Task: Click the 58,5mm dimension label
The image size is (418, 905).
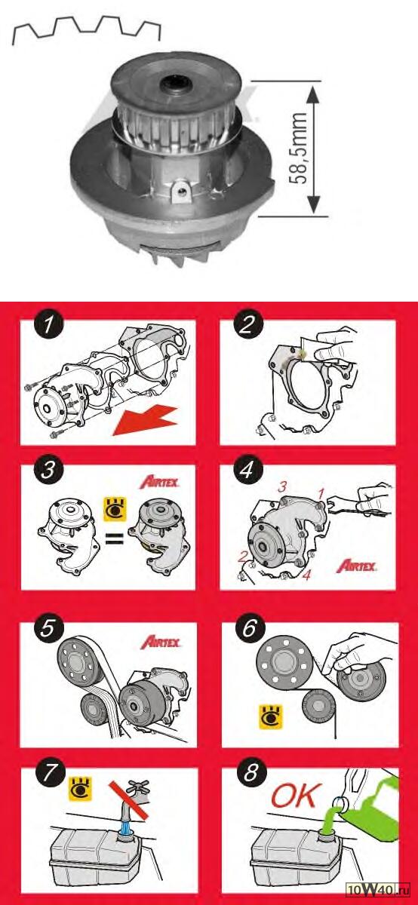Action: pos(300,149)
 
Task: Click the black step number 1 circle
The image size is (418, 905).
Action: pos(48,324)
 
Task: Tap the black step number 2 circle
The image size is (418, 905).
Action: pos(247,324)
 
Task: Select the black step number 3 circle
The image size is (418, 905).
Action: pos(48,470)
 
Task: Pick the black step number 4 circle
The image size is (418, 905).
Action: pos(247,470)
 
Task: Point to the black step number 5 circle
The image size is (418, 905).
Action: pos(48,628)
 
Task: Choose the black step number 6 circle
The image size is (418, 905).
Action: pos(250,628)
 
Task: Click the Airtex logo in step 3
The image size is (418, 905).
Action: pos(159,483)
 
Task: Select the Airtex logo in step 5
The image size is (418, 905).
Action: pos(160,643)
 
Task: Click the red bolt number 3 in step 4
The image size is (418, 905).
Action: pos(281,487)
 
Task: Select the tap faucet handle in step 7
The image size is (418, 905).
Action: pos(138,786)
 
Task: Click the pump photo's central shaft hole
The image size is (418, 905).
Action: pos(177,84)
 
